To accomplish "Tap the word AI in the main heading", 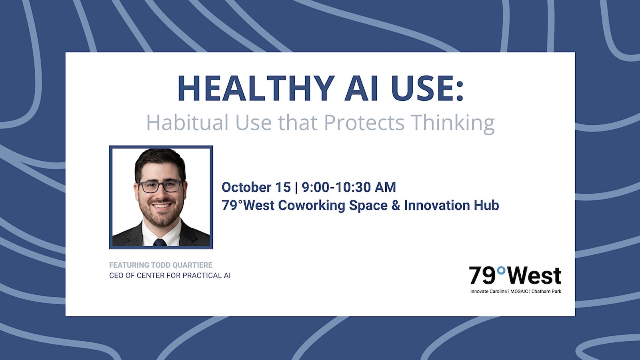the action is (361, 88).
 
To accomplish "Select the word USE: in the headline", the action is (427, 88).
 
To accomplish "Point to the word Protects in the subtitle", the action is (364, 122).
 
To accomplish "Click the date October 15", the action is (256, 187).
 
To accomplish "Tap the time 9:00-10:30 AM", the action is (349, 187).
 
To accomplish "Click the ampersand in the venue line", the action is (396, 206).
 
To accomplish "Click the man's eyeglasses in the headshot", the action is (161, 186).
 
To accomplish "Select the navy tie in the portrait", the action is (160, 242).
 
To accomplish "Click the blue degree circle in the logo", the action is (501, 270).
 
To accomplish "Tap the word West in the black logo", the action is (534, 276).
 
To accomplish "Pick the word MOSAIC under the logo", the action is (519, 292).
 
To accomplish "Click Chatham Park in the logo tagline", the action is (546, 292).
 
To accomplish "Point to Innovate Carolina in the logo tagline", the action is (488, 292).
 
